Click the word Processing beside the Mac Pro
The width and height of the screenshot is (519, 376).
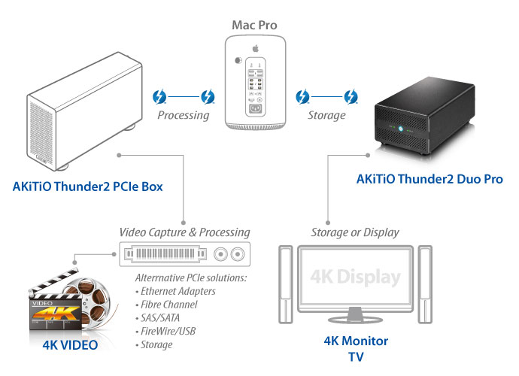(x=183, y=116)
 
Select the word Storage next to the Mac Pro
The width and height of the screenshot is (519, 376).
(x=326, y=116)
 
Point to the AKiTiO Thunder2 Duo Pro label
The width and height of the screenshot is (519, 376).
(x=429, y=179)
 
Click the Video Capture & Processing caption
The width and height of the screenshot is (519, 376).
(x=184, y=232)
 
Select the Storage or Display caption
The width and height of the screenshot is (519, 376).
(x=354, y=232)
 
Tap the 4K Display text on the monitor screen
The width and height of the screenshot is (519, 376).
(x=354, y=277)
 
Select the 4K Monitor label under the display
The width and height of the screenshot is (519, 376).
(x=356, y=341)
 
